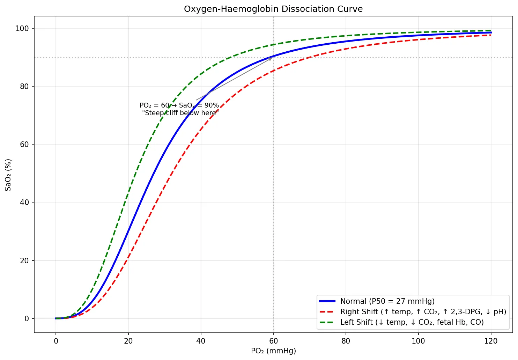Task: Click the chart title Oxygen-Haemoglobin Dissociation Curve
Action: point(273,9)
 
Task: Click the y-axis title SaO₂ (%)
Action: point(8,175)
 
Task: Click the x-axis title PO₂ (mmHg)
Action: point(273,351)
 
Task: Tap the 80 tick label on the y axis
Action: point(24,86)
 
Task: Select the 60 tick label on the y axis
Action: point(24,144)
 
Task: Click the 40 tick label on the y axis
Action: point(24,202)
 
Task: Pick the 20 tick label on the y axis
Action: point(24,260)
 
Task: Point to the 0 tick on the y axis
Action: point(27,318)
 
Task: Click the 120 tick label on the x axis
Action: point(491,341)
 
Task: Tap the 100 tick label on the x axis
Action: point(418,341)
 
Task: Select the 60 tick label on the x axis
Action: point(273,341)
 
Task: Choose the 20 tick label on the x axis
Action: point(128,341)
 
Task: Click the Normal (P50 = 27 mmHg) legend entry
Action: point(387,301)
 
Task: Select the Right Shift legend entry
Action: point(423,311)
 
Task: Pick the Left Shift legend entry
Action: point(412,322)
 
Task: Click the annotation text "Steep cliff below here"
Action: point(180,113)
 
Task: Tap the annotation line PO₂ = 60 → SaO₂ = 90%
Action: point(179,105)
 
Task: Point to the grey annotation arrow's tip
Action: point(272,58)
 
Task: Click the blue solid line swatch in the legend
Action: point(327,301)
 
